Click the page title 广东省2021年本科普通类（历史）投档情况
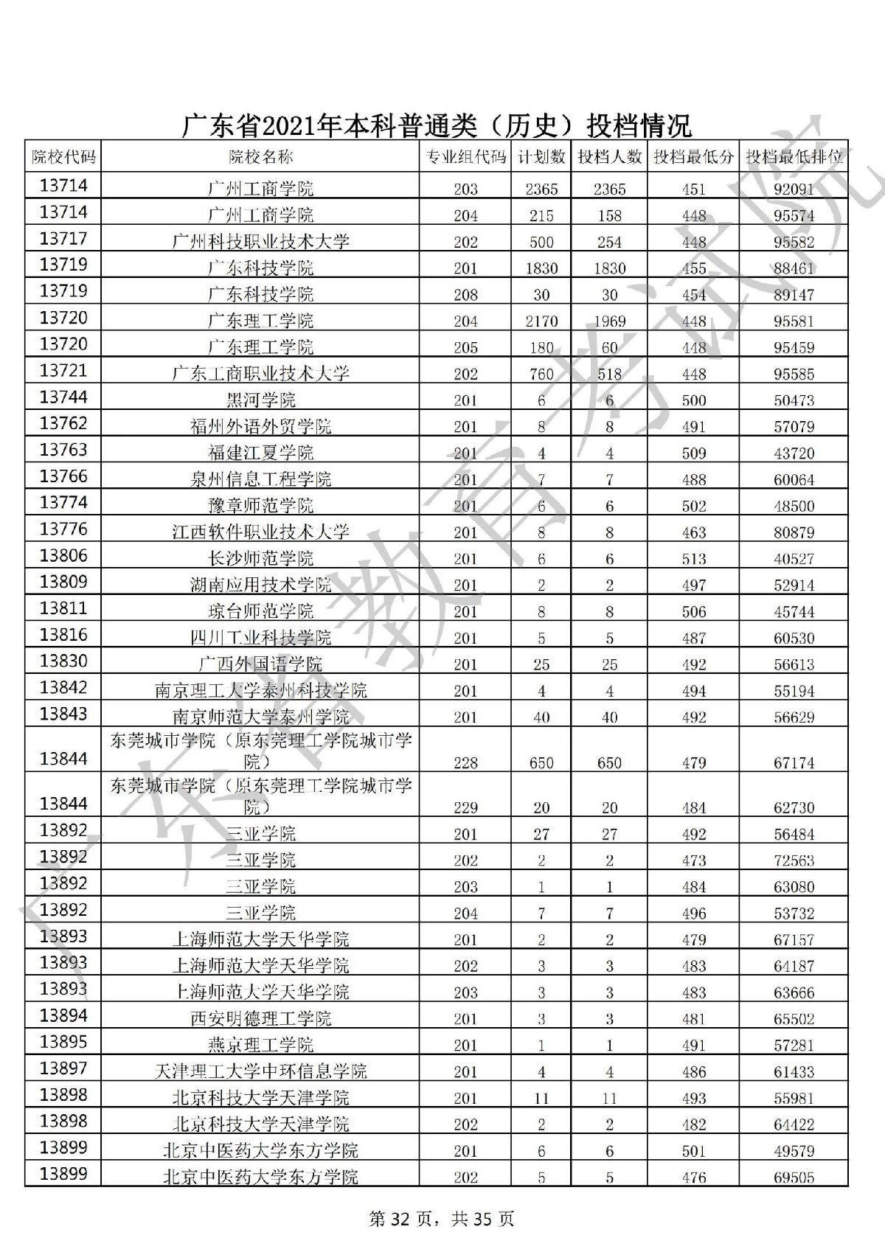(x=437, y=125)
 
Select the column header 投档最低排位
(x=794, y=157)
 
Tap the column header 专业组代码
(x=465, y=157)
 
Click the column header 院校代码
(x=63, y=157)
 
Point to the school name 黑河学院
(x=260, y=400)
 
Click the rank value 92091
(x=794, y=189)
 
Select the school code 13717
(x=63, y=239)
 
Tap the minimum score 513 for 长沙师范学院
(x=694, y=559)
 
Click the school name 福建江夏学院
(x=260, y=453)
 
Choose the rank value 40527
(x=794, y=559)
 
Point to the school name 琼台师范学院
(x=260, y=611)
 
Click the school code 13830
(x=63, y=661)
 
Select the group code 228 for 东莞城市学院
(x=465, y=763)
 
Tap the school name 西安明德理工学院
(x=260, y=1019)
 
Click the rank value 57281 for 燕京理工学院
(x=794, y=1046)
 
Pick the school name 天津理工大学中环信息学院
(x=260, y=1071)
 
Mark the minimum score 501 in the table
(x=694, y=1151)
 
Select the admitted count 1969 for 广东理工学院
(x=609, y=321)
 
